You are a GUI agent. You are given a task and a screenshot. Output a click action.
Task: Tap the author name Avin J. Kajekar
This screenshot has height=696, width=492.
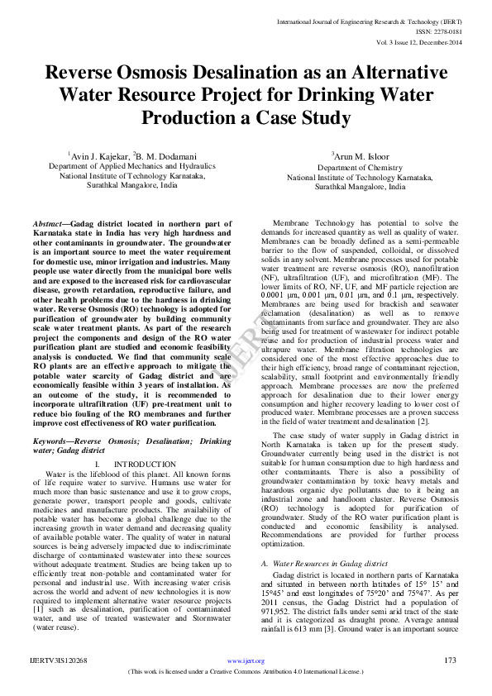coord(96,155)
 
